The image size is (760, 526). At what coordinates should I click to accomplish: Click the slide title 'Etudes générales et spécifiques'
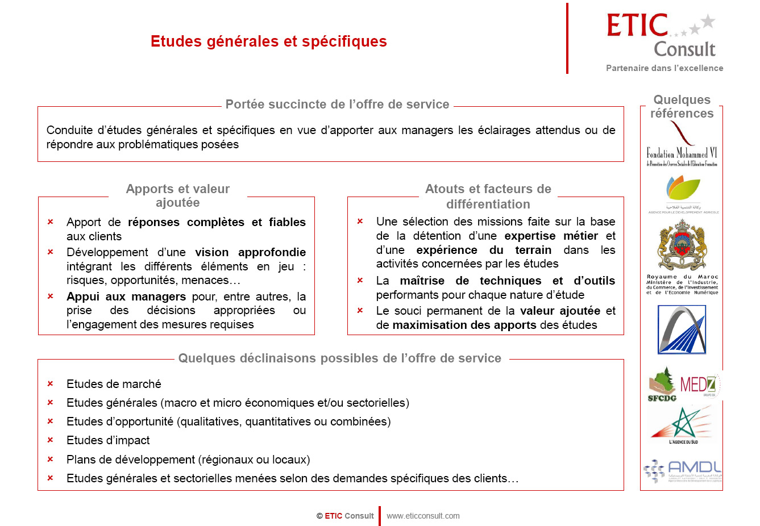coord(268,41)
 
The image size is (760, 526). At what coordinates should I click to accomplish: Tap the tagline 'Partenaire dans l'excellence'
coord(665,68)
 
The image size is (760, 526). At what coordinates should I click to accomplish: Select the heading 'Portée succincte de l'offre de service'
coord(337,105)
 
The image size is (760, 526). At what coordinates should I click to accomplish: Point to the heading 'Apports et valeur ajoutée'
coord(178,196)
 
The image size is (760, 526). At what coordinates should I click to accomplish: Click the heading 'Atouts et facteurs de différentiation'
coord(488,197)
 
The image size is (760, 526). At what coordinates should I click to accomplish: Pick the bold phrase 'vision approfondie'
coord(250,252)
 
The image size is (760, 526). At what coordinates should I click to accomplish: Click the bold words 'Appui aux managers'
coord(126,297)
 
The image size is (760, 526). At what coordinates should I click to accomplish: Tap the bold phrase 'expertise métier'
coord(551,236)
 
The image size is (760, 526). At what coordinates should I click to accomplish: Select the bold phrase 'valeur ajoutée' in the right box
coord(560,311)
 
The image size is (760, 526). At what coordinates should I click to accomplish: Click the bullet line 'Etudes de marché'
coord(114,384)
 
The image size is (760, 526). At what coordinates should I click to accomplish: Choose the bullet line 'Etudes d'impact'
coord(108,440)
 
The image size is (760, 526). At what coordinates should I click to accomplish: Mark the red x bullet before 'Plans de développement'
coord(50,459)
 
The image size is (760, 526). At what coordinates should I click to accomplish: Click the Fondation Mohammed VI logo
coord(682,145)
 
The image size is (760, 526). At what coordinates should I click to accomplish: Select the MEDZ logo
coord(699,385)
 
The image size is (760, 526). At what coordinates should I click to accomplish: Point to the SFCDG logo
coord(662,385)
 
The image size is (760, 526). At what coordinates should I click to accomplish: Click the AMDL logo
coord(682,470)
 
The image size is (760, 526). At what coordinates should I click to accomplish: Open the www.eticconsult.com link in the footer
coord(423,516)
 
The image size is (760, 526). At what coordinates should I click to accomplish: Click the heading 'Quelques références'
coord(682,107)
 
